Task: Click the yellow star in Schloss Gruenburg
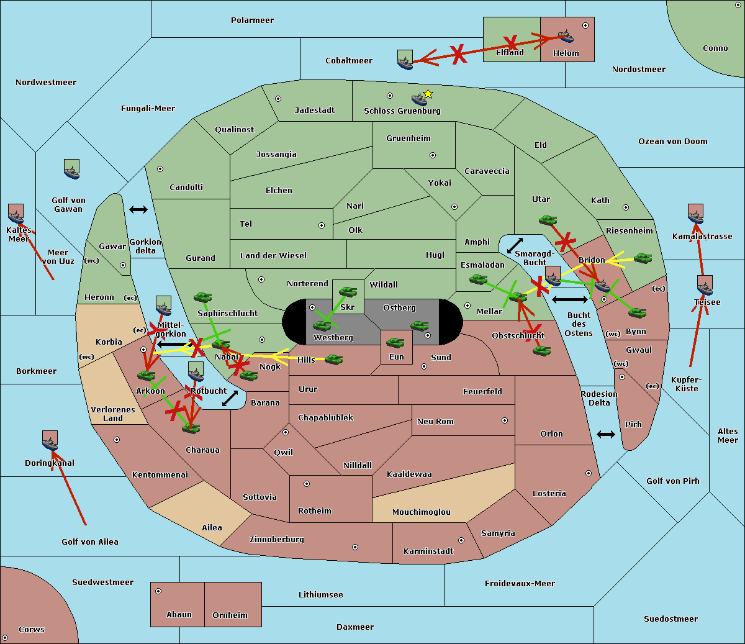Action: (428, 94)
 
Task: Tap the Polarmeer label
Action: (252, 20)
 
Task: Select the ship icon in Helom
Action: (565, 35)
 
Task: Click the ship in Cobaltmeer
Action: (405, 61)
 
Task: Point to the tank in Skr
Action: (348, 291)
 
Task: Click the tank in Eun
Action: (395, 342)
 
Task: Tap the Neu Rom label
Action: (435, 422)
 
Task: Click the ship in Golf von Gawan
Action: (72, 170)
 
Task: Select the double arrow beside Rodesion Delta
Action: (606, 435)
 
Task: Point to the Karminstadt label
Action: (428, 551)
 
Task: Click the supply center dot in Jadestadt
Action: (278, 99)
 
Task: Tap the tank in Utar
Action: (548, 220)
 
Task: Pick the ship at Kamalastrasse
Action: (695, 214)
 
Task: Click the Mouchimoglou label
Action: (422, 512)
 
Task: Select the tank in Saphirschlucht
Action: (202, 297)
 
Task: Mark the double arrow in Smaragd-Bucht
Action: (515, 245)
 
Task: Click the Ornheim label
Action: (230, 615)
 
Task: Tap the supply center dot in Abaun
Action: (158, 591)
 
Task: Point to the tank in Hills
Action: (334, 359)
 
